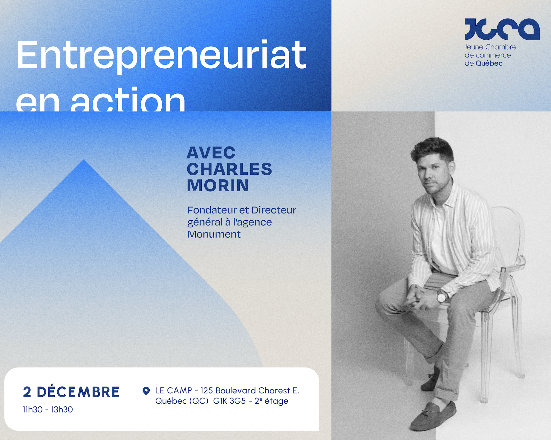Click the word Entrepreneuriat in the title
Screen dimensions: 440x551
161,55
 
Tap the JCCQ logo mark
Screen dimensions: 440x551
502,29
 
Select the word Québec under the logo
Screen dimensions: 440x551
489,63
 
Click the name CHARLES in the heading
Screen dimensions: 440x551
229,169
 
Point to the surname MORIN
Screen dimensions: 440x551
218,185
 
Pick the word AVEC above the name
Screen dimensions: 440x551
211,153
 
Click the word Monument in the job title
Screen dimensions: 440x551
214,234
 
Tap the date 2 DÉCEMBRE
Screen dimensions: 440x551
71,392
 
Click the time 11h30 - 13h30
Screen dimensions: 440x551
48,410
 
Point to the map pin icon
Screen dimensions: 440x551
146,391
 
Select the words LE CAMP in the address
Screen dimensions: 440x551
173,390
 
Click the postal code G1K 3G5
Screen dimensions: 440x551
229,401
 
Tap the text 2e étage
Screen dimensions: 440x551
271,401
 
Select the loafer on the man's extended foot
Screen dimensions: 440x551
433,416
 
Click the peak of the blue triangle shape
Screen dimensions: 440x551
84,161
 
